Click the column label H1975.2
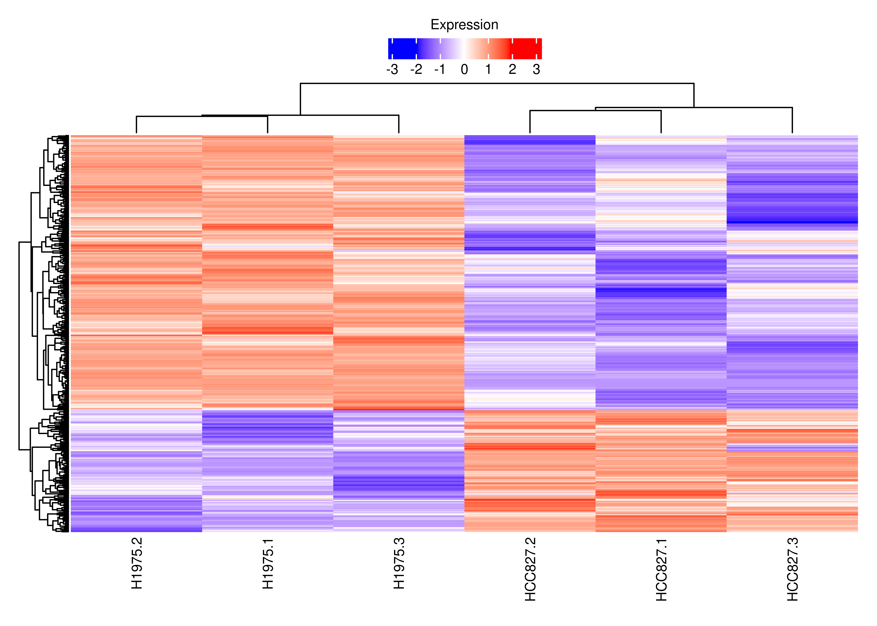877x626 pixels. click(137, 564)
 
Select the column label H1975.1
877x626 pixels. click(268, 564)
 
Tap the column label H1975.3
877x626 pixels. click(399, 564)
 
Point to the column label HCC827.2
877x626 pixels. click(530, 569)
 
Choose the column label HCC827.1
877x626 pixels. click(662, 569)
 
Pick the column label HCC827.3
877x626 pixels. click(793, 569)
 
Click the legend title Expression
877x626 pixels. click(464, 25)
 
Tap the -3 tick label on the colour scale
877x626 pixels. click(392, 69)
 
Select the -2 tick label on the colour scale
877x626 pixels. click(416, 69)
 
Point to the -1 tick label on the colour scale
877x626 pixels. click(440, 69)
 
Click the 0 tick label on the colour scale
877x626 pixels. click(464, 69)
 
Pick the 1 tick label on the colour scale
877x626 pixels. click(488, 69)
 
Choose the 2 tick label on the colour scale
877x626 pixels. click(512, 69)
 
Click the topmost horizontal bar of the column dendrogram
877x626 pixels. click(497, 83)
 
